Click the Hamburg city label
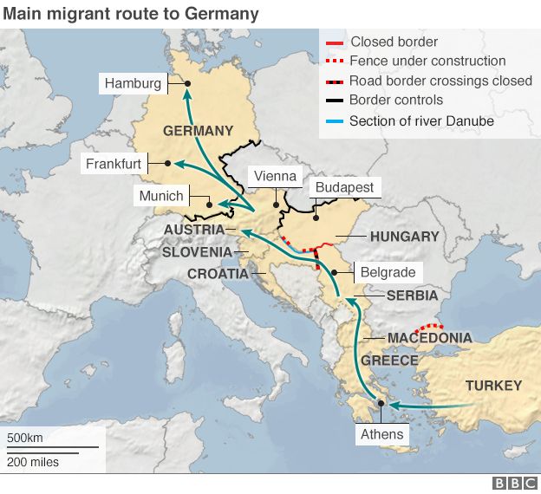[133, 83]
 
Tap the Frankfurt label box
[114, 164]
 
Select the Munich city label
[162, 196]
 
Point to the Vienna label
[275, 176]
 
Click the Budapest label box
[344, 187]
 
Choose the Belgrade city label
[388, 272]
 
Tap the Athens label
[381, 434]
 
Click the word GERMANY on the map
[198, 131]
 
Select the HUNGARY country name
[404, 236]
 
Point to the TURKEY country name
[493, 386]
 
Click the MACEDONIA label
[429, 338]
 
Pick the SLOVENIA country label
[197, 252]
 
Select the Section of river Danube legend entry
[421, 121]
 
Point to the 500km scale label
[25, 437]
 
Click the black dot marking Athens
[381, 404]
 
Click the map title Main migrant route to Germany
[129, 13]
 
